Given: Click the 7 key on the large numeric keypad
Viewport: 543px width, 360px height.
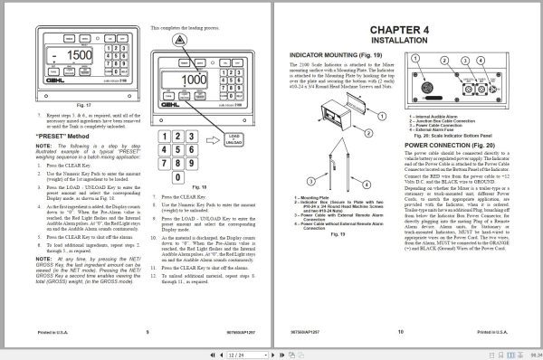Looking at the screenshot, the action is (166, 185).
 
